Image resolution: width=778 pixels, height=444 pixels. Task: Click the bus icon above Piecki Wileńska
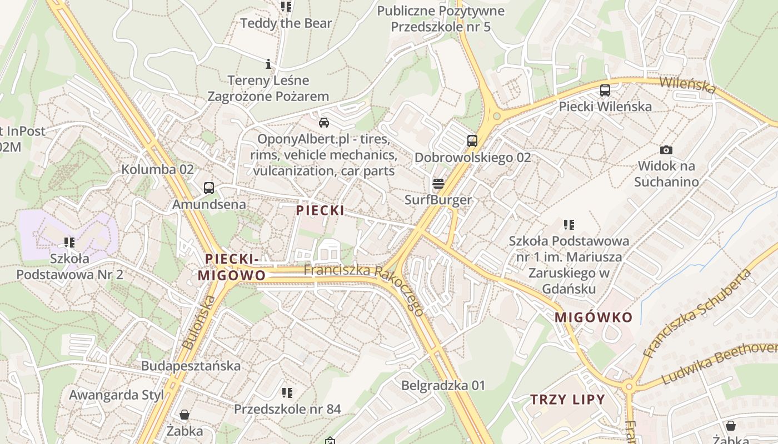[x=605, y=90]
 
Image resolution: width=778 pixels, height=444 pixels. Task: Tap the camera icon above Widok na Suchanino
[x=666, y=150]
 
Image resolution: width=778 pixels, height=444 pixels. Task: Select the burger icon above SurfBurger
[x=438, y=184]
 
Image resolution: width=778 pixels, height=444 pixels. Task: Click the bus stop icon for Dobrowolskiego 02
[x=472, y=141]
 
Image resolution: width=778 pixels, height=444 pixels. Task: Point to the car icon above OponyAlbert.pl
[x=323, y=123]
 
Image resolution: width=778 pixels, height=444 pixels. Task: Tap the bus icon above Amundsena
[x=208, y=188]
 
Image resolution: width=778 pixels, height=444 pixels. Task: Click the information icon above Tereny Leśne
[x=268, y=64]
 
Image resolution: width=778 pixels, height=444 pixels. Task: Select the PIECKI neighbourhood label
[x=320, y=210]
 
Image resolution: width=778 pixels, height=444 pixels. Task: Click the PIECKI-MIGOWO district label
[x=232, y=267]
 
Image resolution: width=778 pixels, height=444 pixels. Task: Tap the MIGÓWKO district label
[x=594, y=317]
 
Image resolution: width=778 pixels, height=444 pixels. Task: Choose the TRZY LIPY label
[x=567, y=400]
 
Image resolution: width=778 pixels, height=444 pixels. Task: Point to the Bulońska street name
[x=198, y=322]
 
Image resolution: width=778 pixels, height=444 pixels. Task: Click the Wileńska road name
[x=688, y=85]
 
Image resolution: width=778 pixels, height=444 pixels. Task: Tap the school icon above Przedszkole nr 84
[x=287, y=393]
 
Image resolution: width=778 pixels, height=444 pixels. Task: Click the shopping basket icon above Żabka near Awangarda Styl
[x=184, y=415]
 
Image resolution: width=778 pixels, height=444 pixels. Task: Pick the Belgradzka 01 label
[x=443, y=385]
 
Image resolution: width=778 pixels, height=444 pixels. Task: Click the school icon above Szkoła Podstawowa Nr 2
[x=69, y=242]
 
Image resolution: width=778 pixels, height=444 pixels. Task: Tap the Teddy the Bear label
[x=286, y=23]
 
